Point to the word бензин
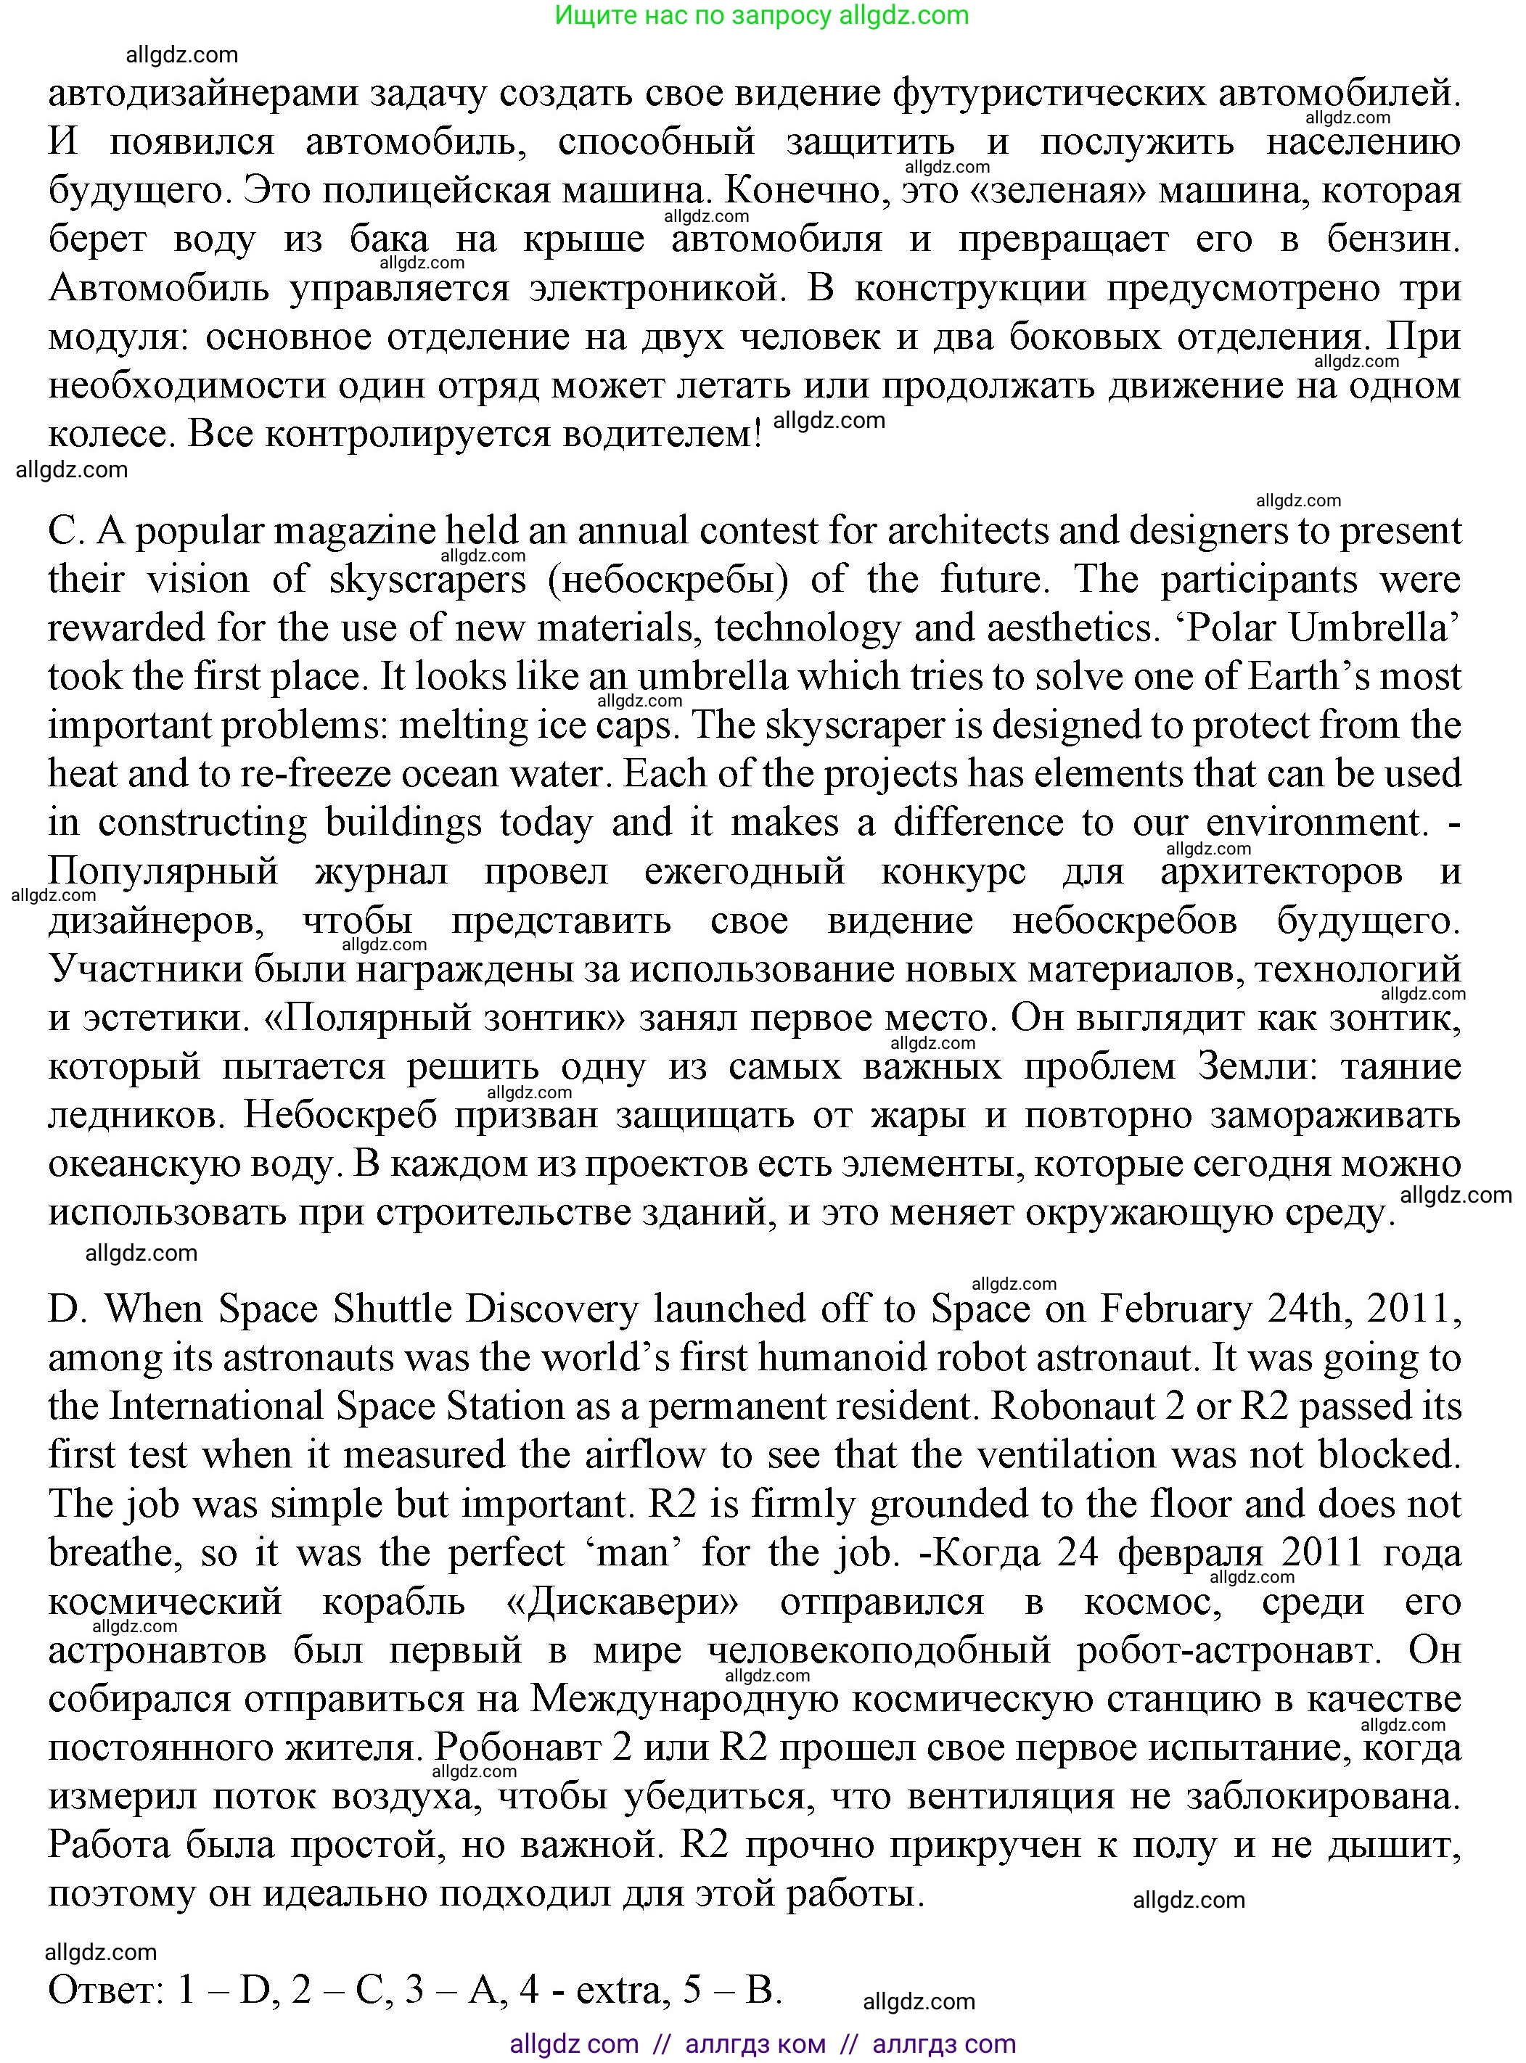pyautogui.click(x=1393, y=239)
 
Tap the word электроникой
pyautogui.click(x=657, y=288)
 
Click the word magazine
pyautogui.click(x=356, y=531)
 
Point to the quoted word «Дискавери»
pyautogui.click(x=623, y=1601)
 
